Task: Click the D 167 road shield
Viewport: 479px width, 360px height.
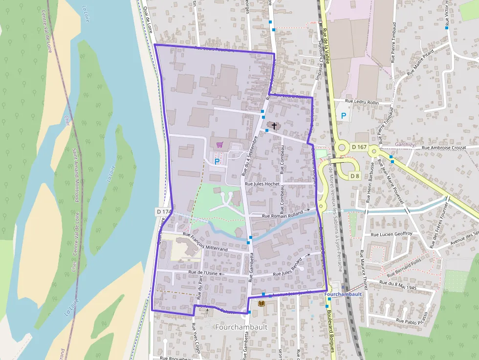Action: [x=359, y=147]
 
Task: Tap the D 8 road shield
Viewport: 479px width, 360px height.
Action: [x=355, y=176]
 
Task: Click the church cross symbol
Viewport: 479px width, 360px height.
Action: [x=274, y=126]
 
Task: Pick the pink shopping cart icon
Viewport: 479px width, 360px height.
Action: [x=219, y=145]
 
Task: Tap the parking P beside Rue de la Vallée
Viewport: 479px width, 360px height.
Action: [x=344, y=116]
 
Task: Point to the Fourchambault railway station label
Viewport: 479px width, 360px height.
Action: [x=343, y=294]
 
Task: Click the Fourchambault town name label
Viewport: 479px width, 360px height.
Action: [x=241, y=327]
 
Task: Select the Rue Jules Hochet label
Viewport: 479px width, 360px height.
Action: [x=261, y=184]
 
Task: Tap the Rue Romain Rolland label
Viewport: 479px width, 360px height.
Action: [x=283, y=215]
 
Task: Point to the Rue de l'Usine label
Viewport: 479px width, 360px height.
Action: [x=202, y=273]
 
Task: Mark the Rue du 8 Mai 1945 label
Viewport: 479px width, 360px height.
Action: [x=398, y=285]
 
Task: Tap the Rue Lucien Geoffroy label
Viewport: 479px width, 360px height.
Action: [x=392, y=234]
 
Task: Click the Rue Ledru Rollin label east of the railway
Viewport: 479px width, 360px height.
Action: [x=362, y=102]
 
